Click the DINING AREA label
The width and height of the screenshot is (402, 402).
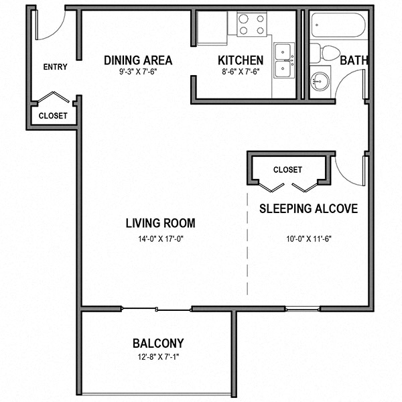[138, 60]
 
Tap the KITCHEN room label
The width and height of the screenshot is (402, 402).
[241, 60]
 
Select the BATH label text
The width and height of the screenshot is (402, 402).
[354, 60]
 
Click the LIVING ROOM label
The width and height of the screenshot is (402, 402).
[160, 223]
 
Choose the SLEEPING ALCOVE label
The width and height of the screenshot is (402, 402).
[308, 208]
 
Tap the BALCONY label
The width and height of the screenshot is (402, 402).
[158, 343]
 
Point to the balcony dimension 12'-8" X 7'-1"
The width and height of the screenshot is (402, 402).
[158, 356]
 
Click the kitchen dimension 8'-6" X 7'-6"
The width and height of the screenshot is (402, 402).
[241, 72]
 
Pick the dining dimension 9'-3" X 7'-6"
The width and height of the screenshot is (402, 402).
[138, 72]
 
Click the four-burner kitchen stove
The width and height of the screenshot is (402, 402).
[251, 25]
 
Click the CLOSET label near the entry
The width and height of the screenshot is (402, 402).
[53, 115]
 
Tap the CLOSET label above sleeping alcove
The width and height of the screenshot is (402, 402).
[288, 170]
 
